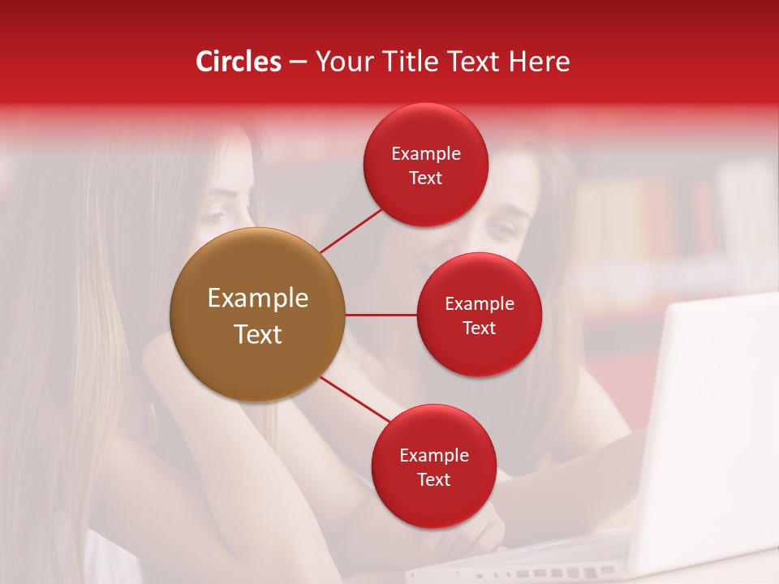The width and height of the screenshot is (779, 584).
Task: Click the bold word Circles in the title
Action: (238, 62)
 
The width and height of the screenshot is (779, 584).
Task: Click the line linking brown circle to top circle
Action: (351, 230)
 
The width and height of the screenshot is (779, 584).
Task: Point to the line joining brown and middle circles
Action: (381, 315)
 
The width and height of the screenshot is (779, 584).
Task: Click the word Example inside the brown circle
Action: (258, 298)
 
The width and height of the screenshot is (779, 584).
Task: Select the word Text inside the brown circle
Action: (258, 334)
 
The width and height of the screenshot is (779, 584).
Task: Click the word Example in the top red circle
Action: (426, 154)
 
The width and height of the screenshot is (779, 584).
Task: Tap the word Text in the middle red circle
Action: (479, 328)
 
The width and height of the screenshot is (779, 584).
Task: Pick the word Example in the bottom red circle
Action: (434, 456)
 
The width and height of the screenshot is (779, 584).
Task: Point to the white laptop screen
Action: (714, 422)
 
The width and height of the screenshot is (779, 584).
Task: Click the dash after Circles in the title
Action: (297, 62)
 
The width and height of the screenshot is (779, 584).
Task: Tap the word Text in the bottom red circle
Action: (433, 480)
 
